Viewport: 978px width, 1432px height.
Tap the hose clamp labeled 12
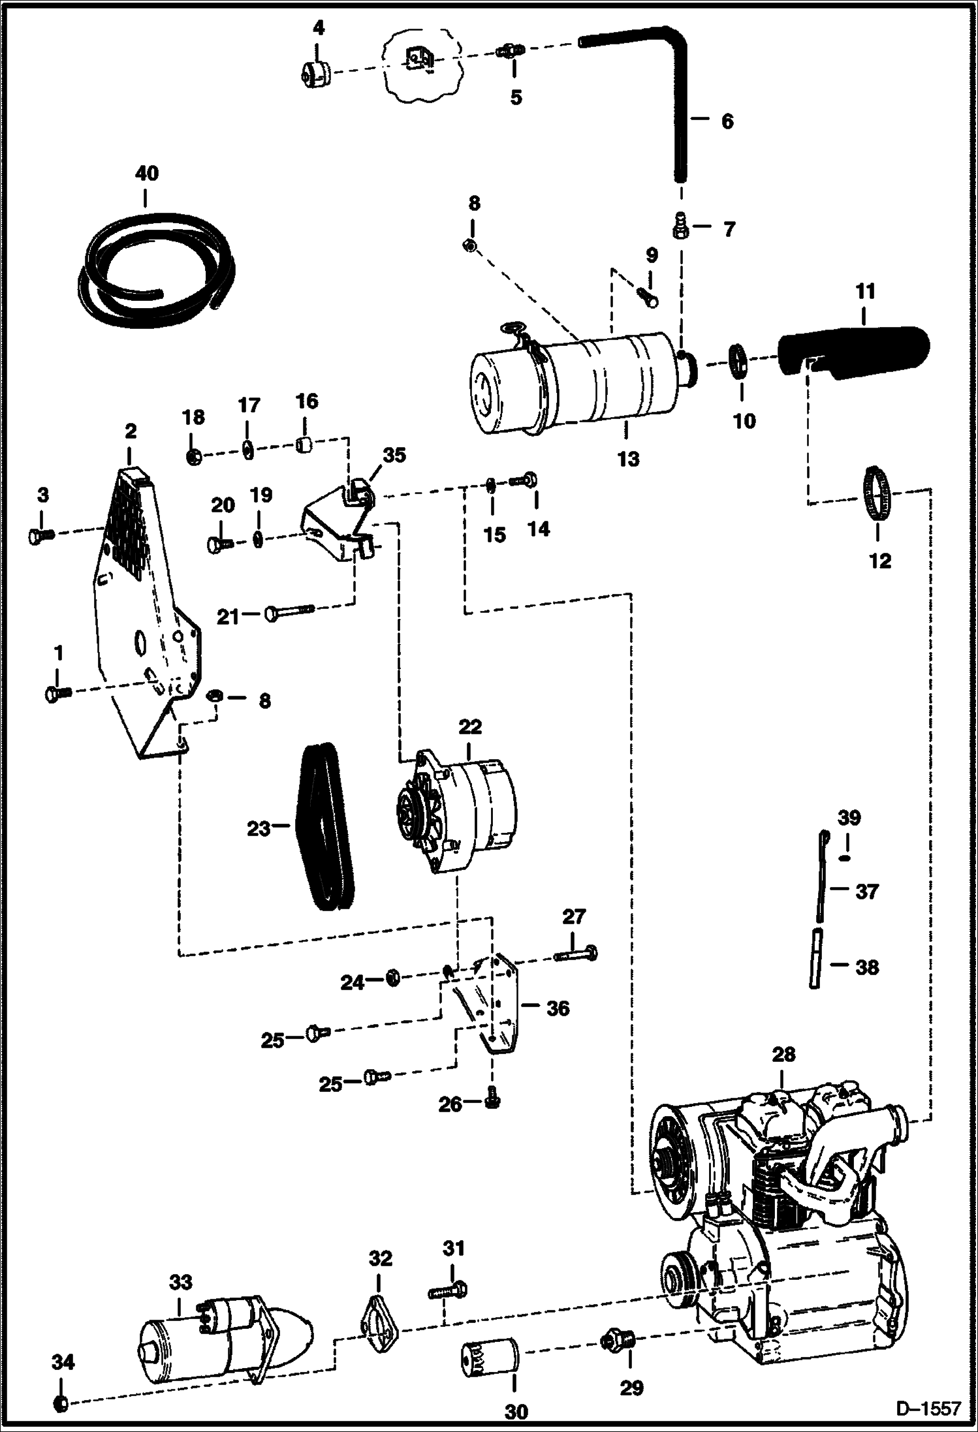876,493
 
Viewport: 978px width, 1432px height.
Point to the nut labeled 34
60,1399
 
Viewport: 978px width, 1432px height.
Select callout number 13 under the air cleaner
628,459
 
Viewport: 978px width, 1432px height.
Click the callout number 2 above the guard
131,431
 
